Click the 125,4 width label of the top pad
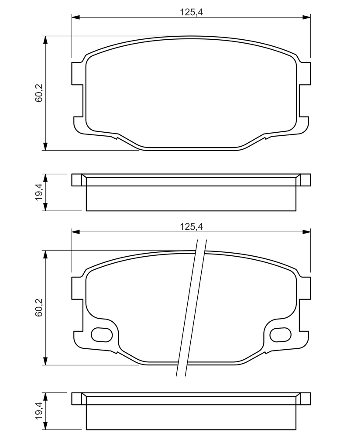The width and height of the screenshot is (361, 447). [x=191, y=12]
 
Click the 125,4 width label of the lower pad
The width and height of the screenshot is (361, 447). [x=191, y=227]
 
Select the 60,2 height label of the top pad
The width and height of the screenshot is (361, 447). [x=38, y=93]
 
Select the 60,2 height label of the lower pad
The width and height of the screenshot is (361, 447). [x=38, y=307]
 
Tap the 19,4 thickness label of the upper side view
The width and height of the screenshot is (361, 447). [x=38, y=192]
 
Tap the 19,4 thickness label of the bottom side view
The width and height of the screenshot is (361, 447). [x=38, y=410]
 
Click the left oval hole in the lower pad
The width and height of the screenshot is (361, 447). [x=102, y=334]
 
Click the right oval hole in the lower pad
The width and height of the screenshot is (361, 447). [x=281, y=334]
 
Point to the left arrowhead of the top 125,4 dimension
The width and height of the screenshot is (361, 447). [x=76, y=17]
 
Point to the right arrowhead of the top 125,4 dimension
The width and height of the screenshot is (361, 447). [x=306, y=17]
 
